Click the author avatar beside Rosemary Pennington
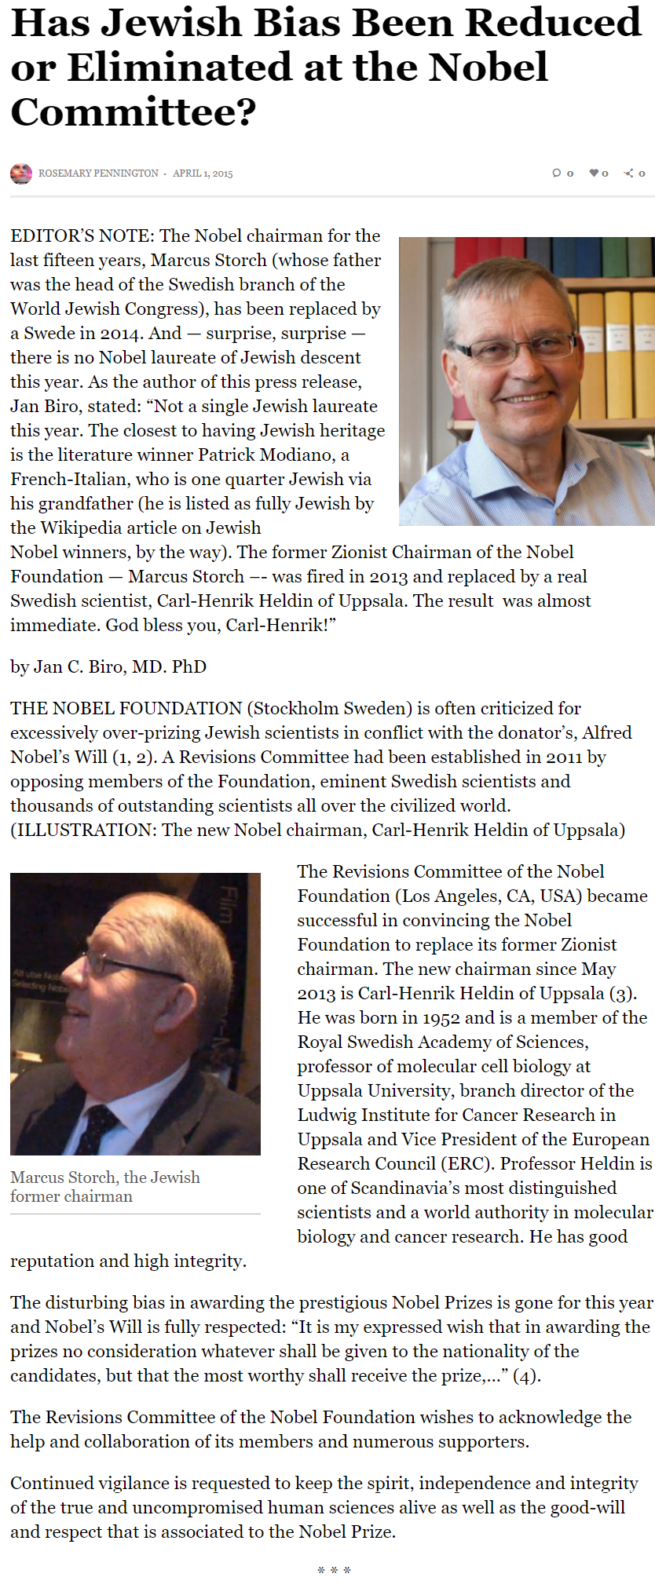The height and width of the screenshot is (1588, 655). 21,173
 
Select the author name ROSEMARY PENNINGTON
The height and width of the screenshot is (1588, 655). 98,173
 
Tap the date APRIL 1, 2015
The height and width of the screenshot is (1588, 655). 203,173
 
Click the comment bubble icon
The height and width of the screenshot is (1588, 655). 557,173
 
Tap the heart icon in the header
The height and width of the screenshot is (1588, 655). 595,173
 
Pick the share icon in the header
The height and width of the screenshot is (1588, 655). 629,173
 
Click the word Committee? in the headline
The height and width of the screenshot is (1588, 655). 134,112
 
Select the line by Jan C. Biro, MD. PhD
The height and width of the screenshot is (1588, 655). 108,667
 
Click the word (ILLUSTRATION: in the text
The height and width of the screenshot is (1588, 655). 84,831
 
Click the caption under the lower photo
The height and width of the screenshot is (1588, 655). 105,1187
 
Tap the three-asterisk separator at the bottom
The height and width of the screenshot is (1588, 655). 334,1571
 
